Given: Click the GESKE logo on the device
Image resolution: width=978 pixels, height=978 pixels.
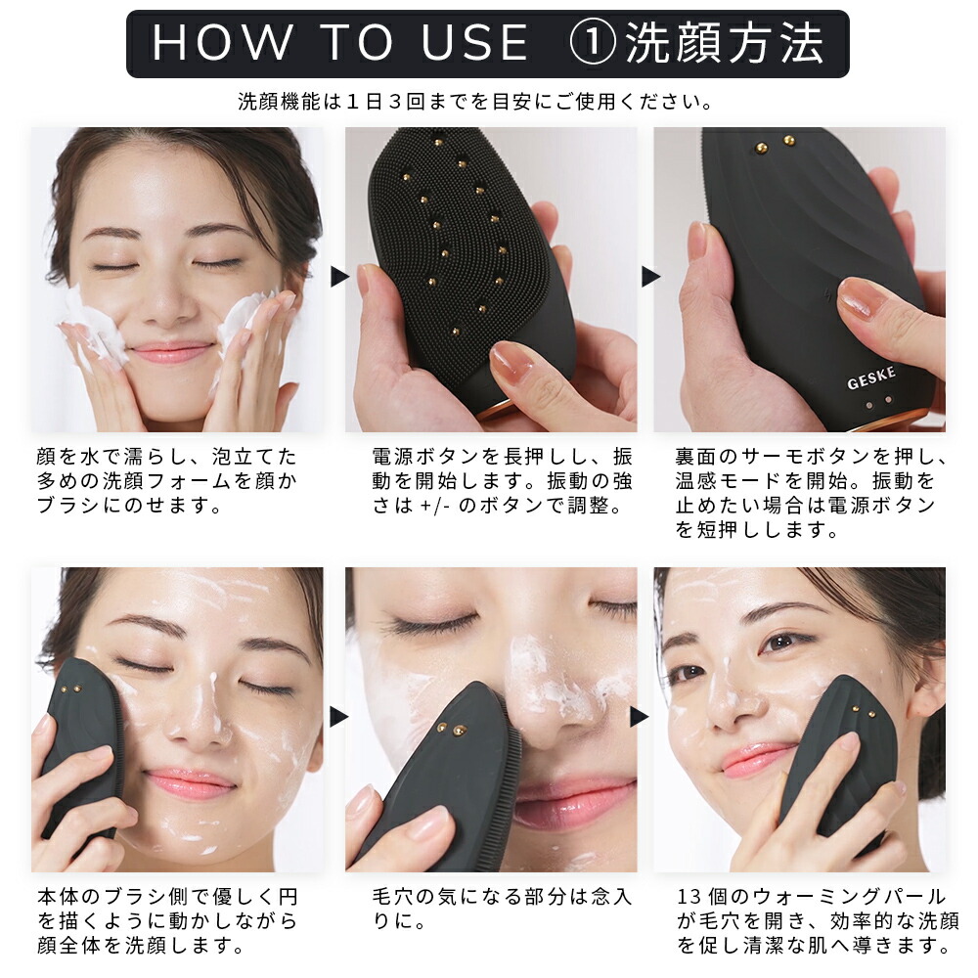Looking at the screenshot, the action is tap(871, 378).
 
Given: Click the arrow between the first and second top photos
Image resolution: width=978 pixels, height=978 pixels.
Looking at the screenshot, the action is tap(338, 277).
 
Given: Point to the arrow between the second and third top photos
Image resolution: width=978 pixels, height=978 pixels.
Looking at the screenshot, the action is tap(650, 277).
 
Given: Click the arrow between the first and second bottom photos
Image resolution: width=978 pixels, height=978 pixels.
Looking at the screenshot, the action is tap(338, 717).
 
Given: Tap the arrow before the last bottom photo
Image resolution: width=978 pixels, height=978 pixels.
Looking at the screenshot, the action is tap(640, 717).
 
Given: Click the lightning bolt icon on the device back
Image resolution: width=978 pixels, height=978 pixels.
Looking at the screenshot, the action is tap(828, 294).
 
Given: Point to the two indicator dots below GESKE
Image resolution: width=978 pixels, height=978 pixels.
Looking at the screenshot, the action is tap(878, 403).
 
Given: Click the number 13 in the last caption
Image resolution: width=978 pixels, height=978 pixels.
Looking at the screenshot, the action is tap(689, 896).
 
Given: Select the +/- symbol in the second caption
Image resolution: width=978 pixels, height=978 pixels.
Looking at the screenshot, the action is tap(435, 506).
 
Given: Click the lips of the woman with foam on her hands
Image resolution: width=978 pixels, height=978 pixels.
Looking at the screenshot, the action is tap(170, 352).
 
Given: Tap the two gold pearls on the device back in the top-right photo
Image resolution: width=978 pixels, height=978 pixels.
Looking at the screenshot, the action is tap(776, 144).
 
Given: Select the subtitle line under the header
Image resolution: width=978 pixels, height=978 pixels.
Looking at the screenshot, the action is tap(475, 101).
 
